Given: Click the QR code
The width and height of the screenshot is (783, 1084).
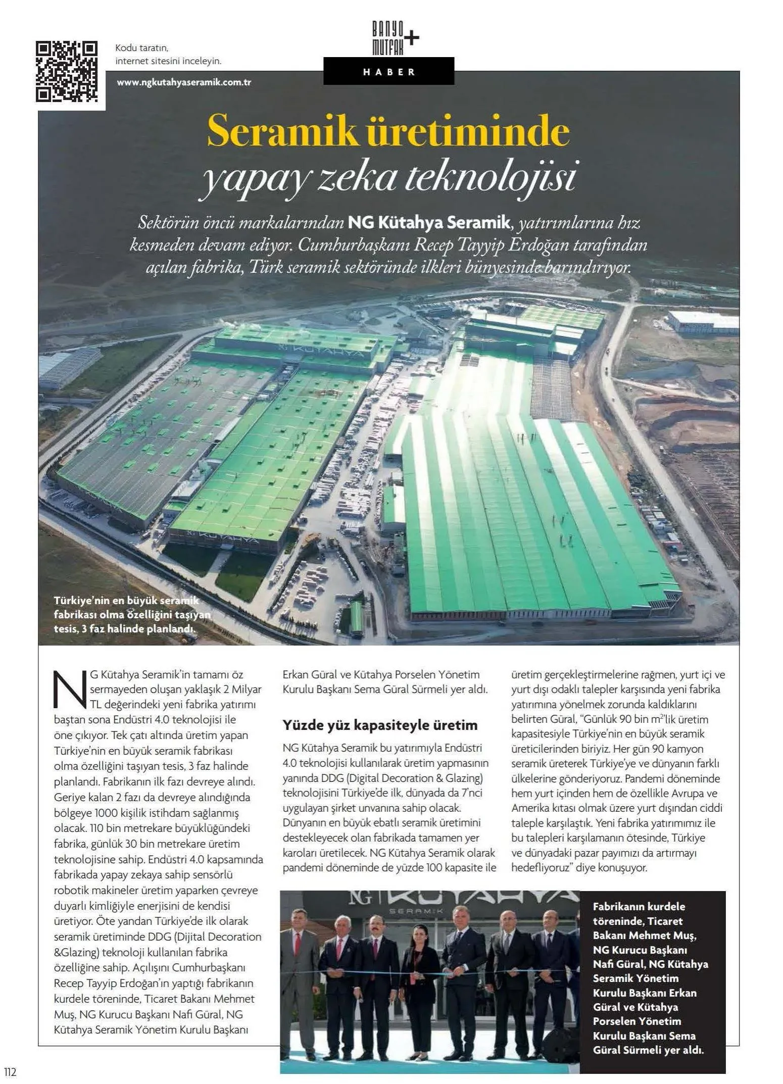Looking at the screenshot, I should tap(67, 71).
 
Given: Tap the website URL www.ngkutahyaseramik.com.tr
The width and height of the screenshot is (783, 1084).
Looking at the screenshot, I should tap(184, 82).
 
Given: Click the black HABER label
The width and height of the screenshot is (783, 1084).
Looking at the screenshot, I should tap(388, 72).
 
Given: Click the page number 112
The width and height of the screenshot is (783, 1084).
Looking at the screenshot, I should tap(10, 1071).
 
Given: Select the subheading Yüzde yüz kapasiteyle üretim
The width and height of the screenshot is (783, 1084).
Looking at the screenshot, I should tap(380, 725).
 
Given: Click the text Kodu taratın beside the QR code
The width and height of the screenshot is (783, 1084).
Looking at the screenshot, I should tap(141, 48).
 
